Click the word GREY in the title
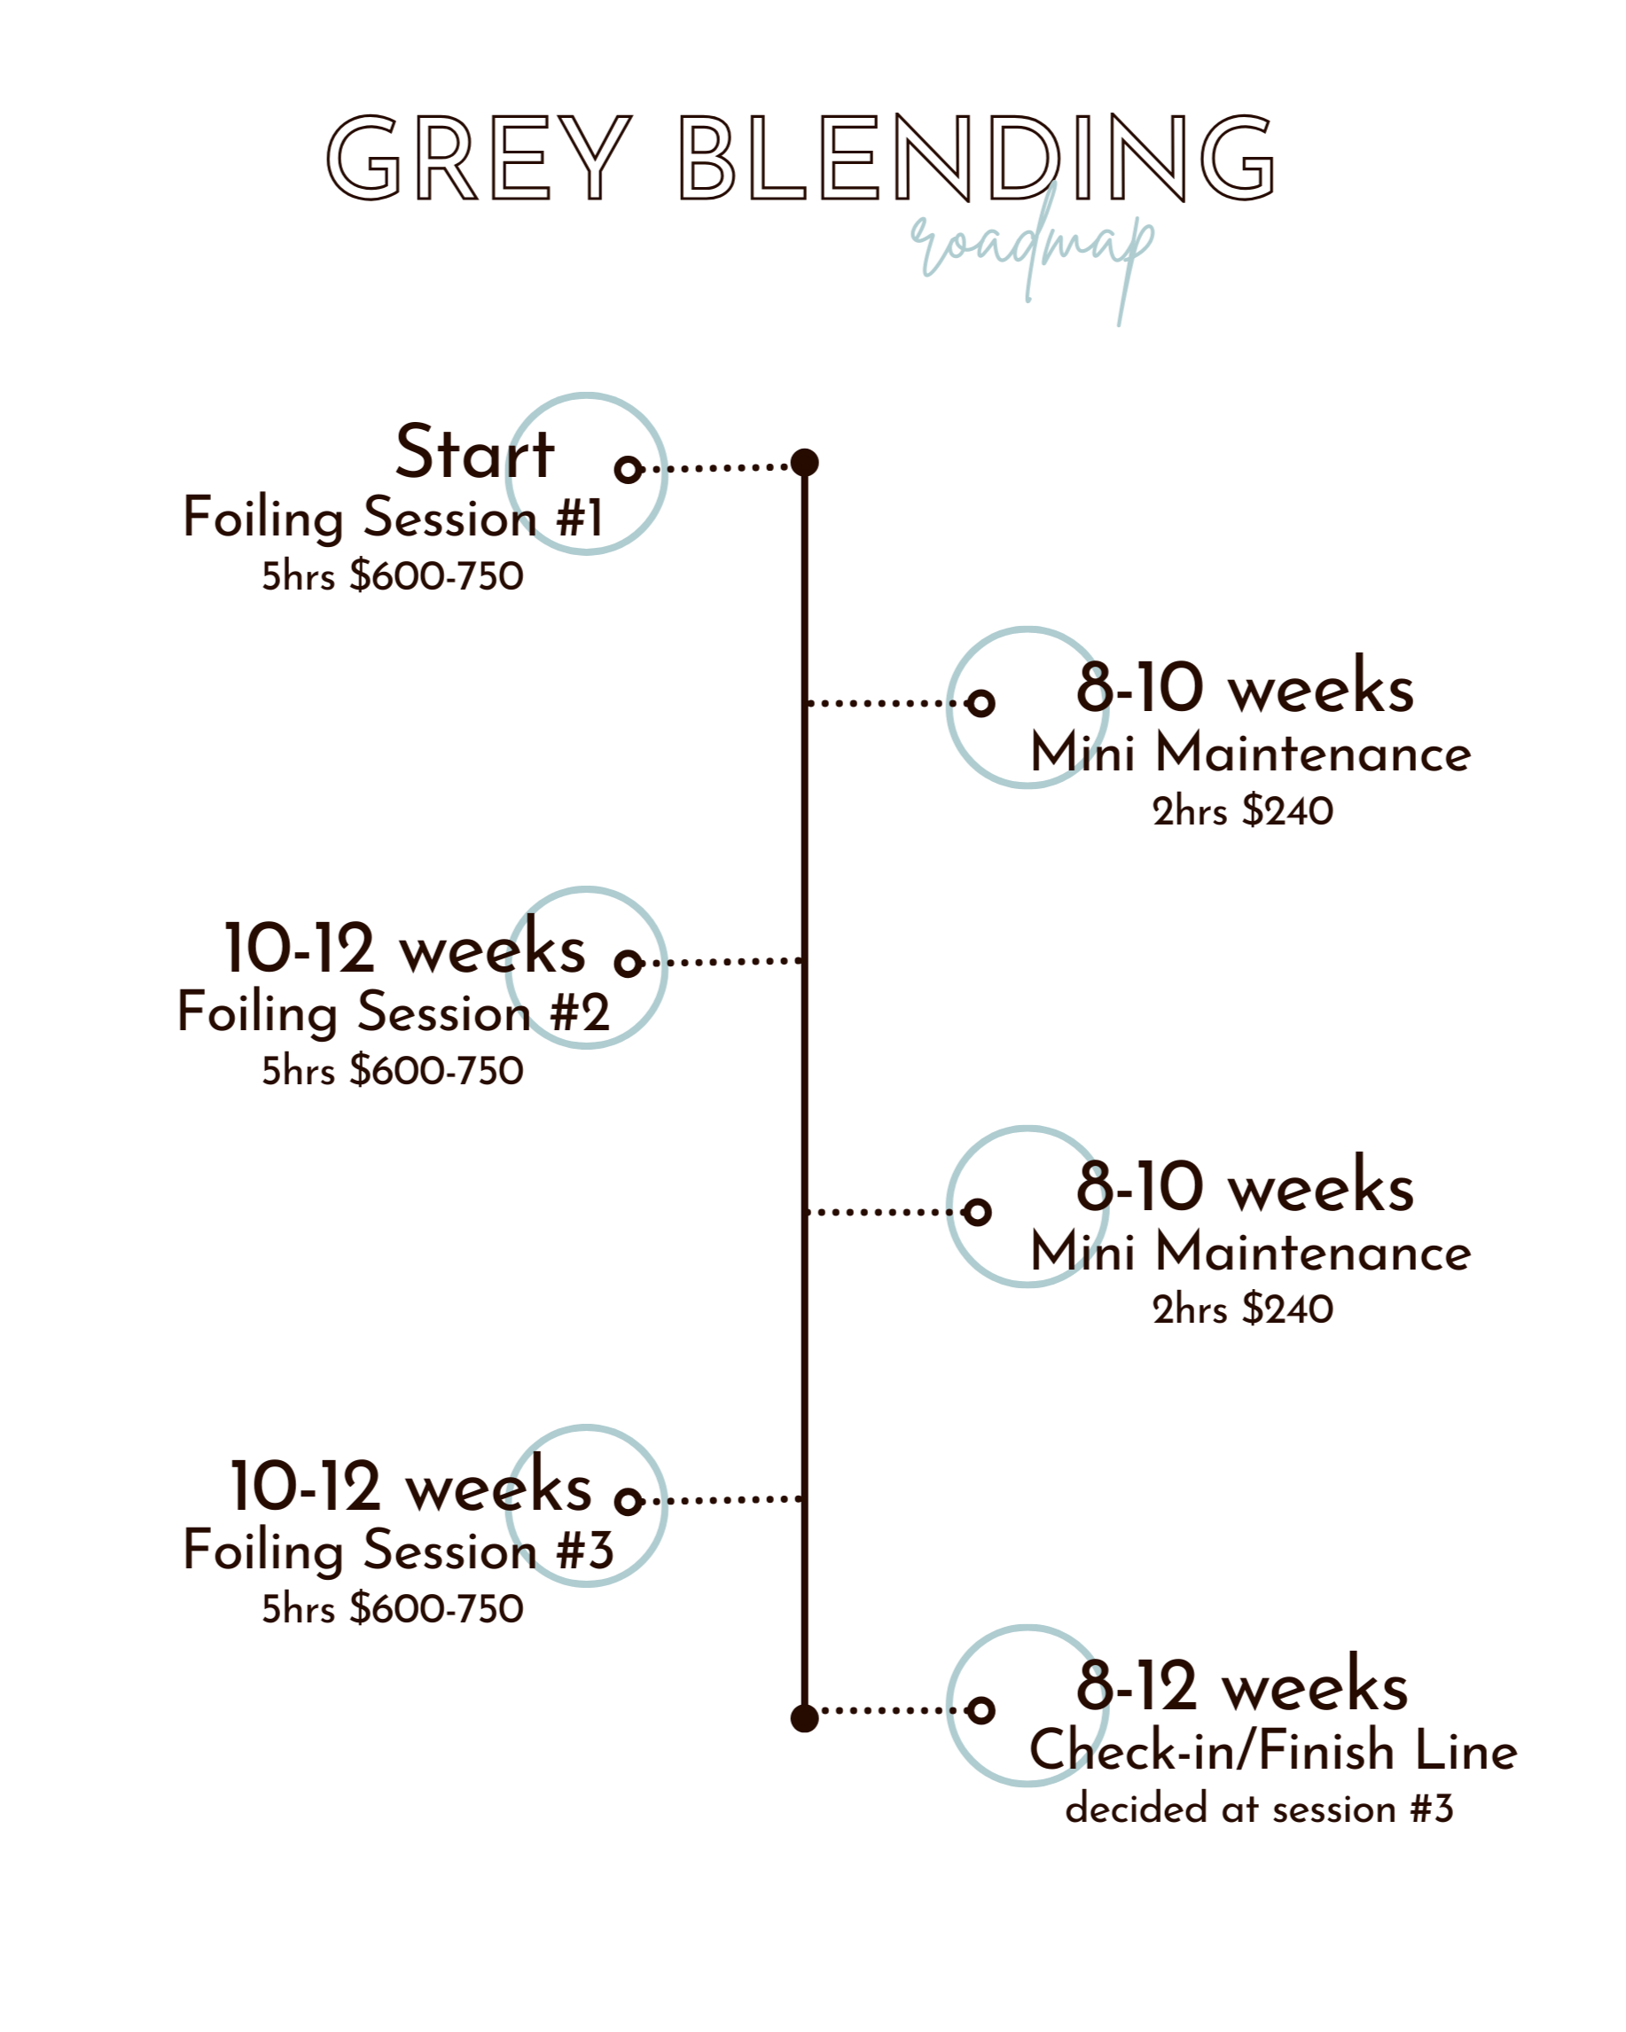pos(478,160)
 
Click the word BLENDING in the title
pos(978,160)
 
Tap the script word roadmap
pos(1032,245)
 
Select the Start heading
pos(474,453)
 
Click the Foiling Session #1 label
pos(392,519)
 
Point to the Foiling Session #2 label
pos(392,1013)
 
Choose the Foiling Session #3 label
pos(397,1551)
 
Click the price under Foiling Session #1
pos(392,577)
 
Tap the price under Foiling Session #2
pos(392,1072)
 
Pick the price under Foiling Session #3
pos(392,1610)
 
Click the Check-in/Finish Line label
pos(1272,1752)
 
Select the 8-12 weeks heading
pos(1241,1686)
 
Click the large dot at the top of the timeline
pos(804,463)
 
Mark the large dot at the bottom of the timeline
pos(804,1718)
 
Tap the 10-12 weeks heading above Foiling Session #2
pos(405,950)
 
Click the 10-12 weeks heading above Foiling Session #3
pos(411,1488)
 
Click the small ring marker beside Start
pos(629,468)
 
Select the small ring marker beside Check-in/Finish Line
pos(981,1708)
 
